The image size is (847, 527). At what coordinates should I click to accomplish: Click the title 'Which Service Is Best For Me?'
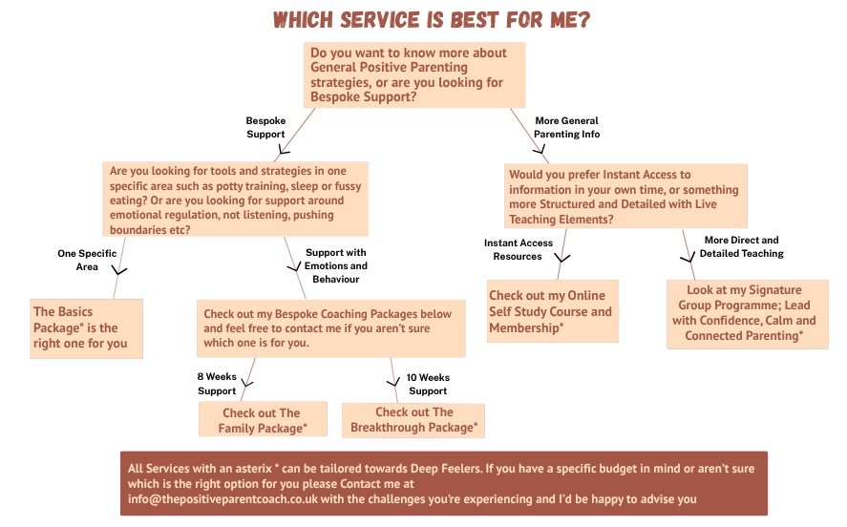425,20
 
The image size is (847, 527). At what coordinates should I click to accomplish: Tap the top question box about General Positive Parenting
414,75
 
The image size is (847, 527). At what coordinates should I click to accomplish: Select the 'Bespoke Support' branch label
265,128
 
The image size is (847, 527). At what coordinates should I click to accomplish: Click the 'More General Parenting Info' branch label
567,128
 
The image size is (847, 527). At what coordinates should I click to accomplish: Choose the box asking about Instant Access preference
625,197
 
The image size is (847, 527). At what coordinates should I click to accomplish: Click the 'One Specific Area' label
87,260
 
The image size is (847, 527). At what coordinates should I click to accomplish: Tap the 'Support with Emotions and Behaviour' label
336,265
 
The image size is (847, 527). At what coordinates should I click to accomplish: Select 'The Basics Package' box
86,328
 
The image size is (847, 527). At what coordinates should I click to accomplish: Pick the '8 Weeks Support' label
217,384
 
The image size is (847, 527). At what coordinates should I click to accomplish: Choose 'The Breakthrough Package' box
413,420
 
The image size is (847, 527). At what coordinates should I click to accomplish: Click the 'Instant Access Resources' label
517,249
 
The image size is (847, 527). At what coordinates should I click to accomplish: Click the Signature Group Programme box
747,313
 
